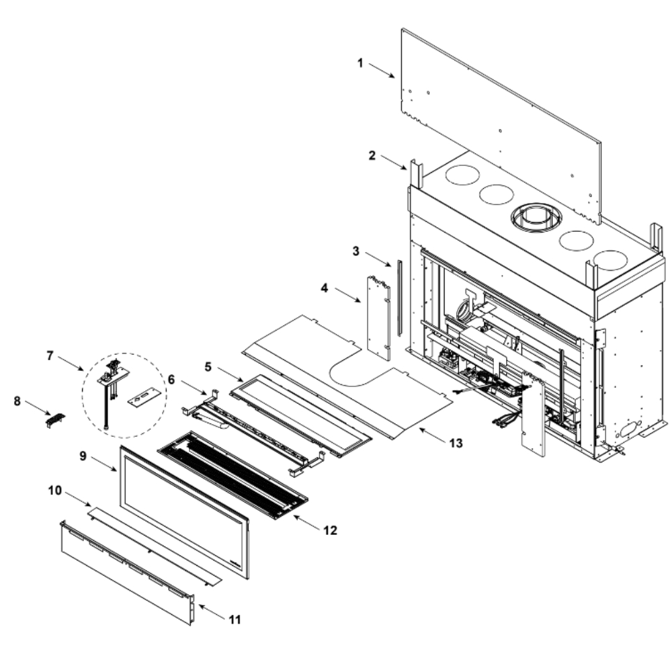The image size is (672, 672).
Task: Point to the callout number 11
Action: click(x=234, y=619)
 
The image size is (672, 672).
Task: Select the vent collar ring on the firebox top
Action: click(x=536, y=216)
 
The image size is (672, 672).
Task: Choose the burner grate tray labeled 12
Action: click(x=232, y=474)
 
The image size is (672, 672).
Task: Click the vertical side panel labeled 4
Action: click(x=378, y=316)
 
